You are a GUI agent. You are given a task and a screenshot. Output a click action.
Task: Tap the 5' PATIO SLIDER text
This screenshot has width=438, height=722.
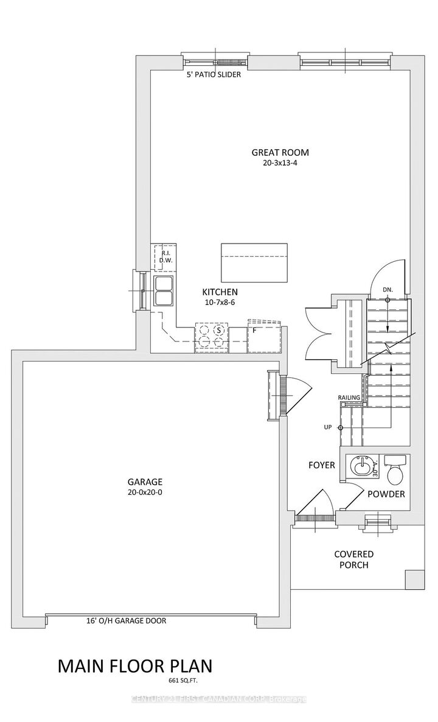(214, 75)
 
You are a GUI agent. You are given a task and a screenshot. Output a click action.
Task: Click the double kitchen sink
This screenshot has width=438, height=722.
(164, 291)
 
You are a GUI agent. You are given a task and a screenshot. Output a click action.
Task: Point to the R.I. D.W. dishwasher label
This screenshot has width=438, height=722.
(164, 256)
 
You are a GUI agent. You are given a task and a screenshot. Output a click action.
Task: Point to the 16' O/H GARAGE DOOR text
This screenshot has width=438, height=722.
(127, 622)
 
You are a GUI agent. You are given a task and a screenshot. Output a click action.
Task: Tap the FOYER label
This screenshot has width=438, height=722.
(321, 465)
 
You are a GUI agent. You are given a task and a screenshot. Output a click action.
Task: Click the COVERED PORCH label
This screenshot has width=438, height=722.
(353, 559)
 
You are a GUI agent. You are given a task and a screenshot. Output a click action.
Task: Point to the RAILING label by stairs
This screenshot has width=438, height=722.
(349, 398)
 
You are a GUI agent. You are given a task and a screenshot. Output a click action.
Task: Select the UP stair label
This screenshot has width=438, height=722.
(328, 427)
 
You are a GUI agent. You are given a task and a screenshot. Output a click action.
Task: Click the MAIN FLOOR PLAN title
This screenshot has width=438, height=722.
(135, 665)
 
